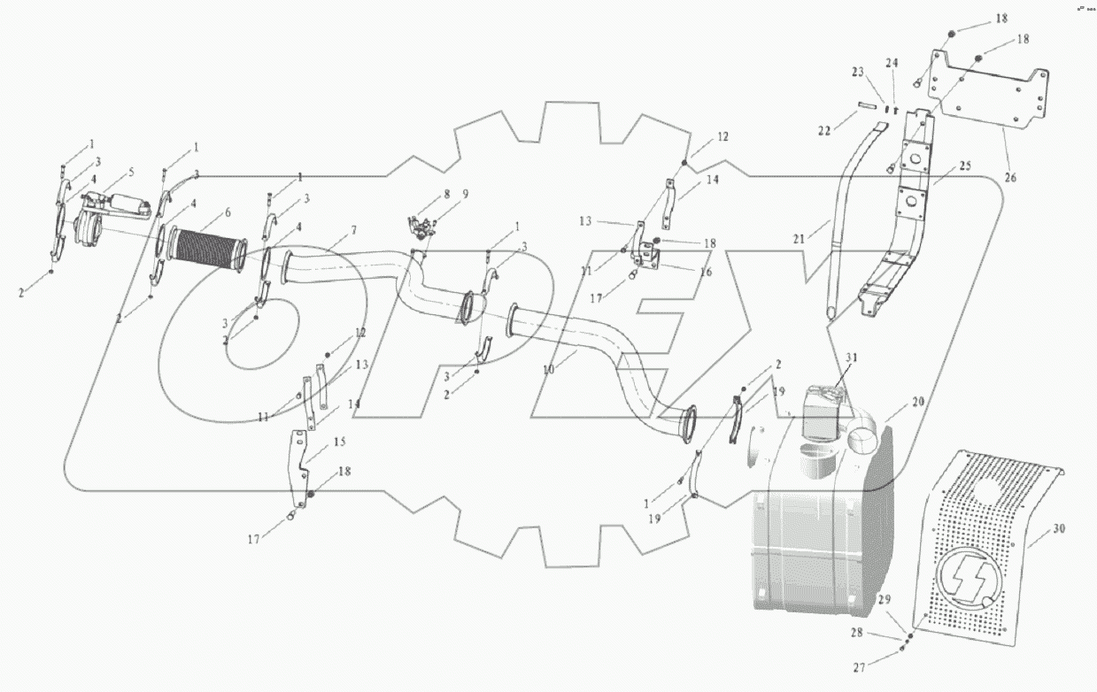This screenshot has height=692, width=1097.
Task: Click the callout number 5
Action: [132, 171]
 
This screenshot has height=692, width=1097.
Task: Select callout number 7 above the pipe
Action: [353, 230]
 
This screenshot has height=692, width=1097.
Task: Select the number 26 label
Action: [1010, 178]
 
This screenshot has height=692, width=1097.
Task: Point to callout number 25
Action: [964, 166]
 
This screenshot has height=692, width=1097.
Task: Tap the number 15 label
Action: [339, 442]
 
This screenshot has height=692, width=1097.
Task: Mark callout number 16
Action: [706, 273]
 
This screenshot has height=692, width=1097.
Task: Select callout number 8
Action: [448, 193]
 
